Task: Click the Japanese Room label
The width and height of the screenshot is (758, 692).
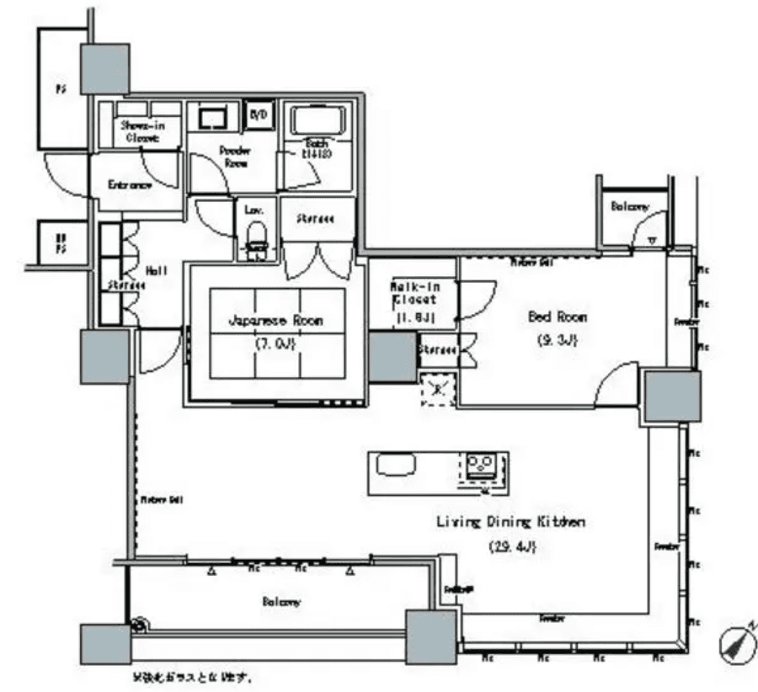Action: click(276, 321)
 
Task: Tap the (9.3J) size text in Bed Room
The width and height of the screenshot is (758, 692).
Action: click(556, 341)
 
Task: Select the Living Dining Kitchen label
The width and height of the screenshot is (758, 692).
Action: click(510, 523)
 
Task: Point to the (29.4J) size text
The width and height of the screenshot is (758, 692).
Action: click(512, 546)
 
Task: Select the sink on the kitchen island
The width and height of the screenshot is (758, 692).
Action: click(395, 464)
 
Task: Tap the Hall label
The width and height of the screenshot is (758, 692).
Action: click(157, 270)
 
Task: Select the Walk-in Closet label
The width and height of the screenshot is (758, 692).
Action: click(413, 298)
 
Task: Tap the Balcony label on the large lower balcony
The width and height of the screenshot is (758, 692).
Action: click(281, 602)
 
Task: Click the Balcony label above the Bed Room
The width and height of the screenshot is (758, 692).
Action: click(630, 206)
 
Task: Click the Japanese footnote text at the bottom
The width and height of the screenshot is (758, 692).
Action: click(192, 676)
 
